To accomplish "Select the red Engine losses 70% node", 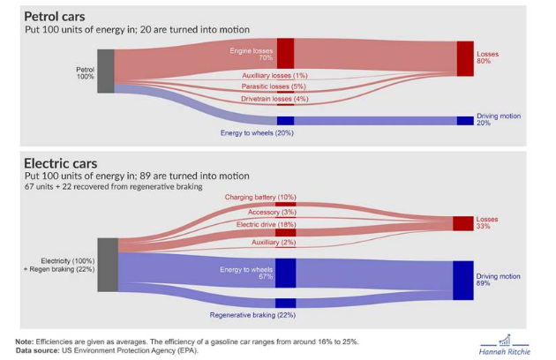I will [x=285, y=54].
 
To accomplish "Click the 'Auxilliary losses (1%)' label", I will [x=274, y=75].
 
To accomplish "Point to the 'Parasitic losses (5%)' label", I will [x=274, y=86].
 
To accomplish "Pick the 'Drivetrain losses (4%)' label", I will [x=274, y=99].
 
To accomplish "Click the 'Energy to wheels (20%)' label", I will [x=257, y=133].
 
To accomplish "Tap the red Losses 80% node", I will [x=465, y=58].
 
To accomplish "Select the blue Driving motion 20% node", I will [x=465, y=121].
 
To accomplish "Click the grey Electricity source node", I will [x=107, y=265].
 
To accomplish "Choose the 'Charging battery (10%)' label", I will [x=261, y=197].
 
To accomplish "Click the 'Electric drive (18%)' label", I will [x=265, y=225].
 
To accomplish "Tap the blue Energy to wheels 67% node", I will [x=285, y=274].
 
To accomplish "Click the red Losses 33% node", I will [x=463, y=223].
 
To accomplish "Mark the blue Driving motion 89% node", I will [x=463, y=281].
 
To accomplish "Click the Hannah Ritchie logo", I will [x=509, y=344].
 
